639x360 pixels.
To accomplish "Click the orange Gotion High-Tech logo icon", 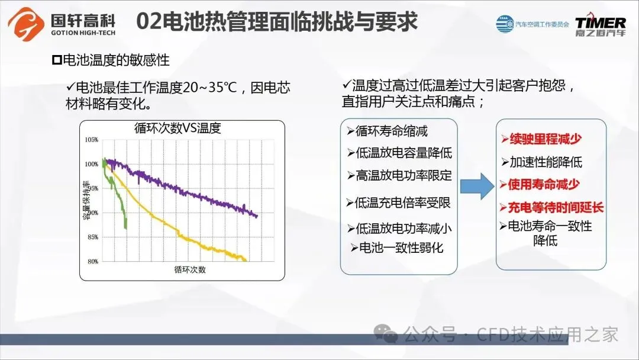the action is (26, 24).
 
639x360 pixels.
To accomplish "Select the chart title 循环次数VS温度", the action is (177, 128).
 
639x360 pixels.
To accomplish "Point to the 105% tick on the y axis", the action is (92, 140).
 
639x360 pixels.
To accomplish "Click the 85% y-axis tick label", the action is (93, 237).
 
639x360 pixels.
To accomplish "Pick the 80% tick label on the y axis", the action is (93, 261).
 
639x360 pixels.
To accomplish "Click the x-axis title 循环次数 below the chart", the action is (190, 269).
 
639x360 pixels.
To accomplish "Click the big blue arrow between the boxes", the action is (477, 187).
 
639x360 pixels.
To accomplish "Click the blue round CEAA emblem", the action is (505, 24).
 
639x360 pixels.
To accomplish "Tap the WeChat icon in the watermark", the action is (386, 334).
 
